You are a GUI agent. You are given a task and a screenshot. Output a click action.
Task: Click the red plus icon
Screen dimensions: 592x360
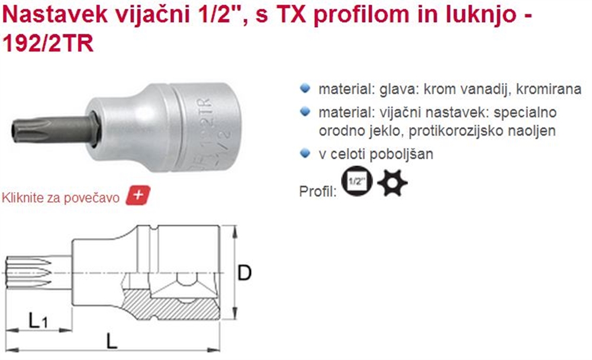coord(138,195)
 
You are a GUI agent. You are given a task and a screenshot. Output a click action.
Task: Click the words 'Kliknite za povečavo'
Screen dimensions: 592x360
coord(61,198)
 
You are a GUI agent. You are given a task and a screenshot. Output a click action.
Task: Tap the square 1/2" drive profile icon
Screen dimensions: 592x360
coord(357,181)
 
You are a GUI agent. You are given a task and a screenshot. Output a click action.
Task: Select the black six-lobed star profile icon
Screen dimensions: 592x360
coord(392,182)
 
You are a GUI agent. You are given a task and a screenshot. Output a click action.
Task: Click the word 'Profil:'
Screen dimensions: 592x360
coord(317,191)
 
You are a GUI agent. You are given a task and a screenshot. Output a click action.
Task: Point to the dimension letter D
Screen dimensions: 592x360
coord(244,273)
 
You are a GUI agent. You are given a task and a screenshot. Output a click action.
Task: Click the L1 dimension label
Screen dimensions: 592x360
coord(38,321)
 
